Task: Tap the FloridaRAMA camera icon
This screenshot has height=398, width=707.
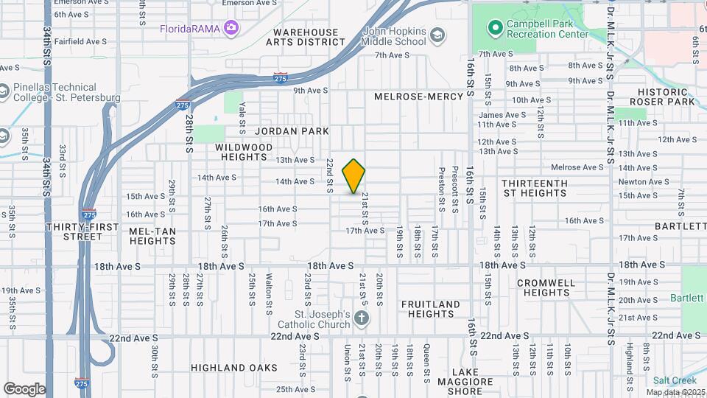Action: (x=231, y=28)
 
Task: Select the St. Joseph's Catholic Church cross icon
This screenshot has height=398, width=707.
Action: (x=360, y=318)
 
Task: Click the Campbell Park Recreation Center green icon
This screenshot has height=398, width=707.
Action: (x=495, y=29)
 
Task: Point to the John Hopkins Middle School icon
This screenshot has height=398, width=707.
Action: (x=437, y=36)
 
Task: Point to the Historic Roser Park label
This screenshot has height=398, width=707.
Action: (x=666, y=97)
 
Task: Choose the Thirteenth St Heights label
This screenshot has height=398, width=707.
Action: (x=534, y=188)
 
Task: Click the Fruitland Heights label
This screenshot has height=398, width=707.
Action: (x=430, y=309)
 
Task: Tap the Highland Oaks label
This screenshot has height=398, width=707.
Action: (x=233, y=367)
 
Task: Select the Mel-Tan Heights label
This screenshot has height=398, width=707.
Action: (x=152, y=236)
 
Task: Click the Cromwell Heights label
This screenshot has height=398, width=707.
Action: (x=545, y=287)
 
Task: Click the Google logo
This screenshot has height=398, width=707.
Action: (x=24, y=389)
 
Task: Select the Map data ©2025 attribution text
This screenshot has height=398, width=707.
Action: (x=675, y=392)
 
